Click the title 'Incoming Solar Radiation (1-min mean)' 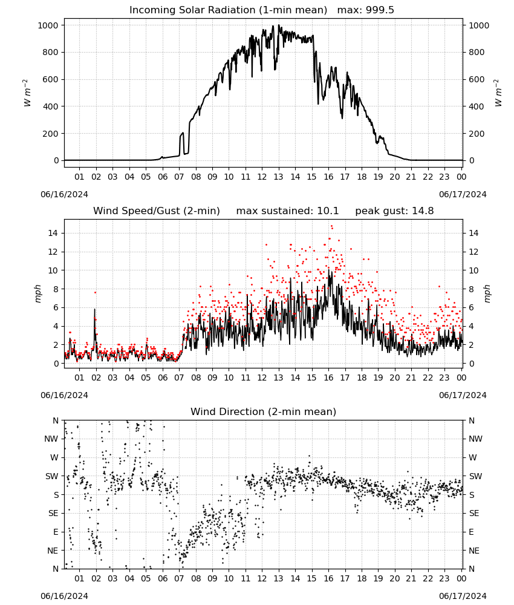(228, 10)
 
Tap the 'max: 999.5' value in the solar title (366, 10)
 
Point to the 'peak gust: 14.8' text (394, 211)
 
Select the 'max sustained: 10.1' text (287, 211)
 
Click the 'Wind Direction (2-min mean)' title (264, 411)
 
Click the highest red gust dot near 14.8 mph (331, 226)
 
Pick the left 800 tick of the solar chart (51, 53)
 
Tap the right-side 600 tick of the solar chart (477, 79)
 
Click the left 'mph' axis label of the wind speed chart (37, 293)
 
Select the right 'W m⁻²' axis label (498, 93)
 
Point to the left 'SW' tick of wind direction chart (52, 476)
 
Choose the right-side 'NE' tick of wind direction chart (474, 551)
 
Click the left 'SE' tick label (53, 513)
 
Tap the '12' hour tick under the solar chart (262, 177)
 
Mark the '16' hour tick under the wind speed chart (328, 378)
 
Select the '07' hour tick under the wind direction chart (180, 579)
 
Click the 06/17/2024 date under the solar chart (463, 194)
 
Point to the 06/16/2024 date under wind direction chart (64, 596)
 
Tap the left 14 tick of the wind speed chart (53, 233)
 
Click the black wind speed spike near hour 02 (95, 309)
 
